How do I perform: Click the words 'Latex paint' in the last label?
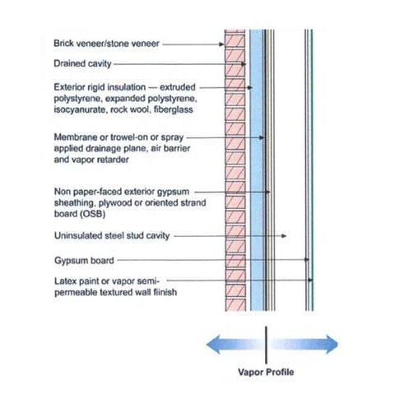coord(76,281)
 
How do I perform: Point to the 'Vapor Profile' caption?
coord(266,372)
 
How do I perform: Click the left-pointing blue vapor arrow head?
coord(213,342)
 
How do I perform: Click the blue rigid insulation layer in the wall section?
coord(255,165)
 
